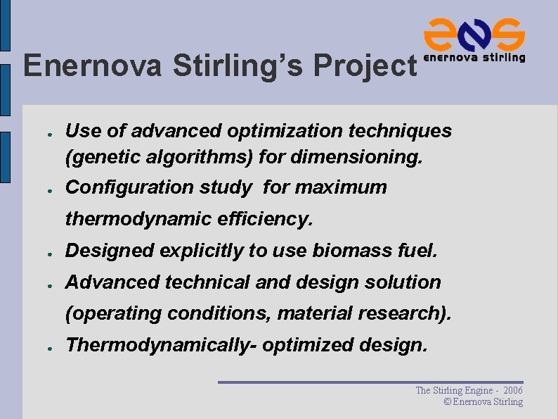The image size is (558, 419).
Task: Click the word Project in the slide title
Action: (365, 67)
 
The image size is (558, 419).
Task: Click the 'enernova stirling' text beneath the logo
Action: (474, 58)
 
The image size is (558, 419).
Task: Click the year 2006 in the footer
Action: (513, 390)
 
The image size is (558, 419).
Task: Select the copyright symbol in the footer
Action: (448, 402)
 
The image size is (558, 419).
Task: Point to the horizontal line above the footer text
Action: (370, 382)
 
